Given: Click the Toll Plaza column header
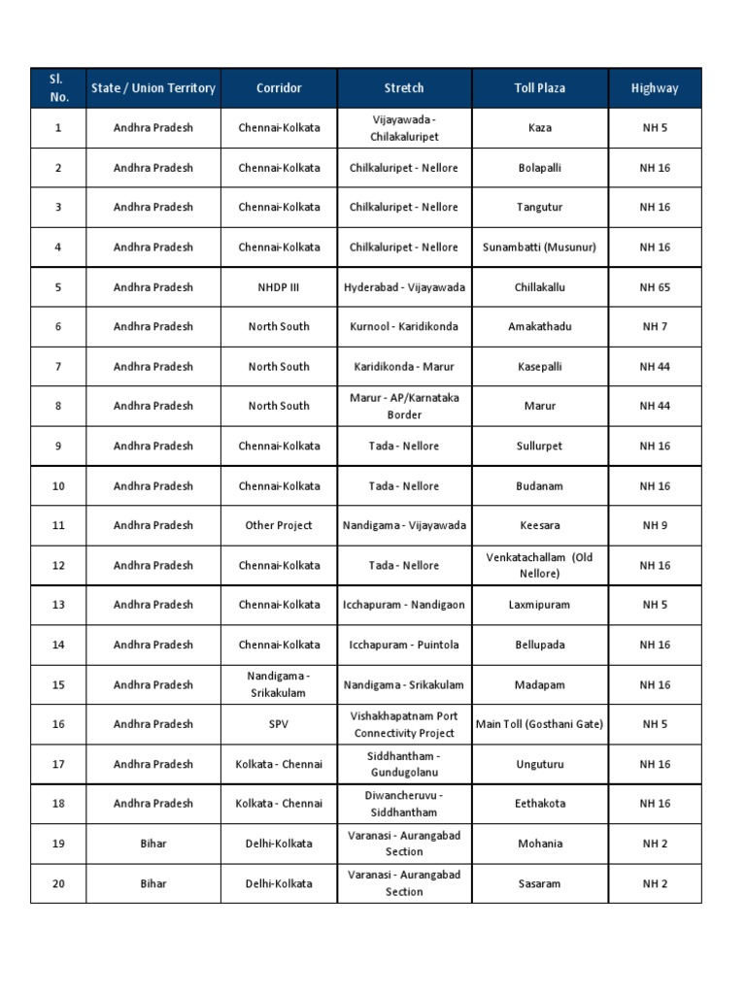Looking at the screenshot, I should (x=539, y=88).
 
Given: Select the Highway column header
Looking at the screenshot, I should (x=655, y=88).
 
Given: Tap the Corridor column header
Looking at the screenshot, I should (x=279, y=88).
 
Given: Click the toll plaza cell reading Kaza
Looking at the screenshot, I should (x=539, y=128).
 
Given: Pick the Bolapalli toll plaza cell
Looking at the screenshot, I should (x=539, y=168).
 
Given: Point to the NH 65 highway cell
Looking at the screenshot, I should (x=655, y=287).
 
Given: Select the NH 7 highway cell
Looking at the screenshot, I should (x=655, y=327).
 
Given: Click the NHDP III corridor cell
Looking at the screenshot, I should (x=279, y=287).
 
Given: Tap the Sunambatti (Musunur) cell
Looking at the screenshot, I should (x=539, y=248).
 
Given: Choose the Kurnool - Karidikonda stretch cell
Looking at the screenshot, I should (x=404, y=327).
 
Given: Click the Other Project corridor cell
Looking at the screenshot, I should (x=279, y=526).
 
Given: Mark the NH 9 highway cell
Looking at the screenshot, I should (x=655, y=526).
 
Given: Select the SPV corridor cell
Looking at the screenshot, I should (x=279, y=724).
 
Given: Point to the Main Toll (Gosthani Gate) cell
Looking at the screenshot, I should (x=539, y=724).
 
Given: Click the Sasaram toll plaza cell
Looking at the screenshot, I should (x=539, y=883).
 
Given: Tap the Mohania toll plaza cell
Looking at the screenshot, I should (x=539, y=844).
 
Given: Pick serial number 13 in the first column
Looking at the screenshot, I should (x=58, y=605).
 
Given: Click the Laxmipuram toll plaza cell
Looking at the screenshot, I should (x=539, y=605).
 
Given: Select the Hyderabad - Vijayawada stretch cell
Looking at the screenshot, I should (x=404, y=287).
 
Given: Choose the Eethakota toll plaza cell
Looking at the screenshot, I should (x=539, y=804).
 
